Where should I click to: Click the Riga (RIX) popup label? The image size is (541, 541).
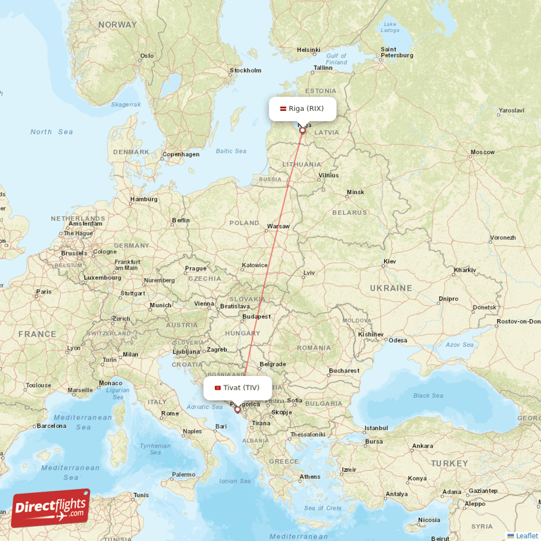coord(302,108)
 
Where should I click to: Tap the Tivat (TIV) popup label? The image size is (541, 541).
coord(237,387)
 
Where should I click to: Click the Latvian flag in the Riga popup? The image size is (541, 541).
coord(283,108)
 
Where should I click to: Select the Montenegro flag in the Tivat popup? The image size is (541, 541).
coord(217,387)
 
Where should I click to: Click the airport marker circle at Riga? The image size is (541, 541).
coord(302,131)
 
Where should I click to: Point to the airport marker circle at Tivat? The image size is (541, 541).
coord(237,409)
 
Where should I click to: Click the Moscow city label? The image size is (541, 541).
coord(483,152)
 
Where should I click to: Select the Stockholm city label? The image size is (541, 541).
coord(245,70)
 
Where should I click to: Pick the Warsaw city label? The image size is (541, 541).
coord(278,226)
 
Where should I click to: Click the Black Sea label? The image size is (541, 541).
coord(427,396)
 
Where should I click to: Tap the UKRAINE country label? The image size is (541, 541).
coord(390,288)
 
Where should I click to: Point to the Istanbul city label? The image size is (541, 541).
coord(377,428)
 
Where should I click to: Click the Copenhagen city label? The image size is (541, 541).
coord(181,154)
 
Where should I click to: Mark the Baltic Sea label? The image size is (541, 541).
coord(231,151)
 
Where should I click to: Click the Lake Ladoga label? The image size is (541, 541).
coord(390,26)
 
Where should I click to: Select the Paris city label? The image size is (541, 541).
coord(43,291)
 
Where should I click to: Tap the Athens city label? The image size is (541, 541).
coord(310,477)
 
